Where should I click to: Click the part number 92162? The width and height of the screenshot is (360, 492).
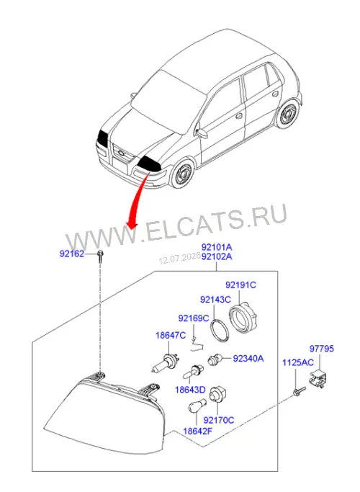point(72,254)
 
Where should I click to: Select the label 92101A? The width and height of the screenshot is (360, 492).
point(217,247)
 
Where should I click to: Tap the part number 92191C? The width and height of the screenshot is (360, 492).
point(240,285)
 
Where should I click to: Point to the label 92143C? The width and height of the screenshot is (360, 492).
point(215,300)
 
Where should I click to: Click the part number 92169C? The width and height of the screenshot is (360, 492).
point(194,318)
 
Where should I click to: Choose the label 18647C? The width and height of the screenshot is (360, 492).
point(171,336)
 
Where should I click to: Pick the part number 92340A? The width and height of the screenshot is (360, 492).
point(248,358)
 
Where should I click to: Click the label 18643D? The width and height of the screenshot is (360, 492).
point(190,390)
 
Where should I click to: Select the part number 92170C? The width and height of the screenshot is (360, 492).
point(219,420)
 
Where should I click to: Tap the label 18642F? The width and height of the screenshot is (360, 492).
point(197,431)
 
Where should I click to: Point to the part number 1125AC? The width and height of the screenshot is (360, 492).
point(298,363)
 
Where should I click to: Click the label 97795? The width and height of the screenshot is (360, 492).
point(322,349)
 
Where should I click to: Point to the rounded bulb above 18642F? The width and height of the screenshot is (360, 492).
point(197,406)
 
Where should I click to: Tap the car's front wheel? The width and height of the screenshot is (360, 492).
point(182,173)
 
